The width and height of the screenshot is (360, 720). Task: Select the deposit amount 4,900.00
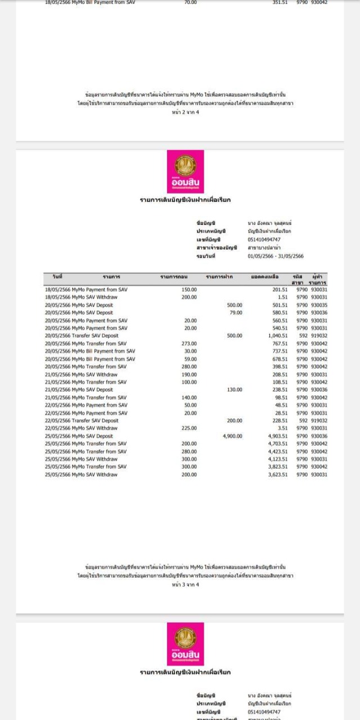click(x=232, y=436)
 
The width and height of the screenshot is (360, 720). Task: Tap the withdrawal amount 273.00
click(x=190, y=344)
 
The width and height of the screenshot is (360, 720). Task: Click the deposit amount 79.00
click(x=236, y=313)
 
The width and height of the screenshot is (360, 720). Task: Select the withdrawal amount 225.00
click(x=190, y=428)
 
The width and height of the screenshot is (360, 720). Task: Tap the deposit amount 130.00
click(x=234, y=390)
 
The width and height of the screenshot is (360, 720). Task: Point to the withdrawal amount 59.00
click(x=191, y=359)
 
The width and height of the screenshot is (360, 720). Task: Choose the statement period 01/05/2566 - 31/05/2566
click(x=276, y=256)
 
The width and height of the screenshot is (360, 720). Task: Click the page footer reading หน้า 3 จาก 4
click(x=185, y=584)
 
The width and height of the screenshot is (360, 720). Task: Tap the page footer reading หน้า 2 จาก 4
click(x=185, y=112)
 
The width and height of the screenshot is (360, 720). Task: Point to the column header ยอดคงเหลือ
click(x=265, y=277)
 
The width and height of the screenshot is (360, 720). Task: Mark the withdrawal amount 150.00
click(x=190, y=290)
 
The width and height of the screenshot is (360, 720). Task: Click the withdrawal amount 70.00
click(x=191, y=2)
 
